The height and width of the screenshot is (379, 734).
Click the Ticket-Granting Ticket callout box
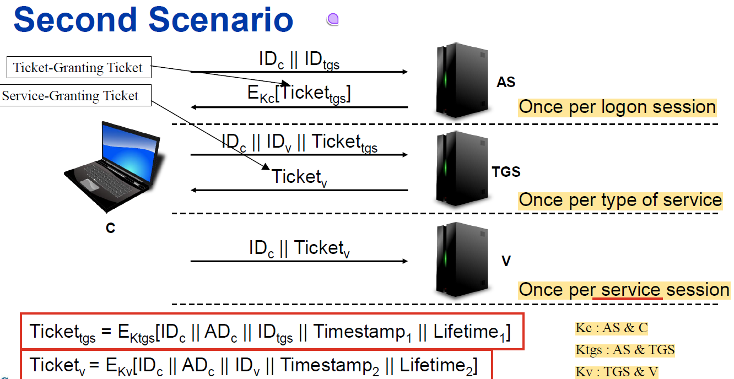78,68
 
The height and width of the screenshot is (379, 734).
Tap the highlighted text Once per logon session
617,107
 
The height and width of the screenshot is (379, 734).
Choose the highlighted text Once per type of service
620,199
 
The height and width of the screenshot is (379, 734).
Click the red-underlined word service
630,290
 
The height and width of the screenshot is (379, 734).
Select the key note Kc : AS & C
612,328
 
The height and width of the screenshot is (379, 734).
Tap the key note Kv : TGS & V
617,372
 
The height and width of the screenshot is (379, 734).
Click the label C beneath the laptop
110,228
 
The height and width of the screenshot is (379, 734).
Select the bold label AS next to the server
505,83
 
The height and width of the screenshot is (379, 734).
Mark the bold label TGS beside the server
506,172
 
